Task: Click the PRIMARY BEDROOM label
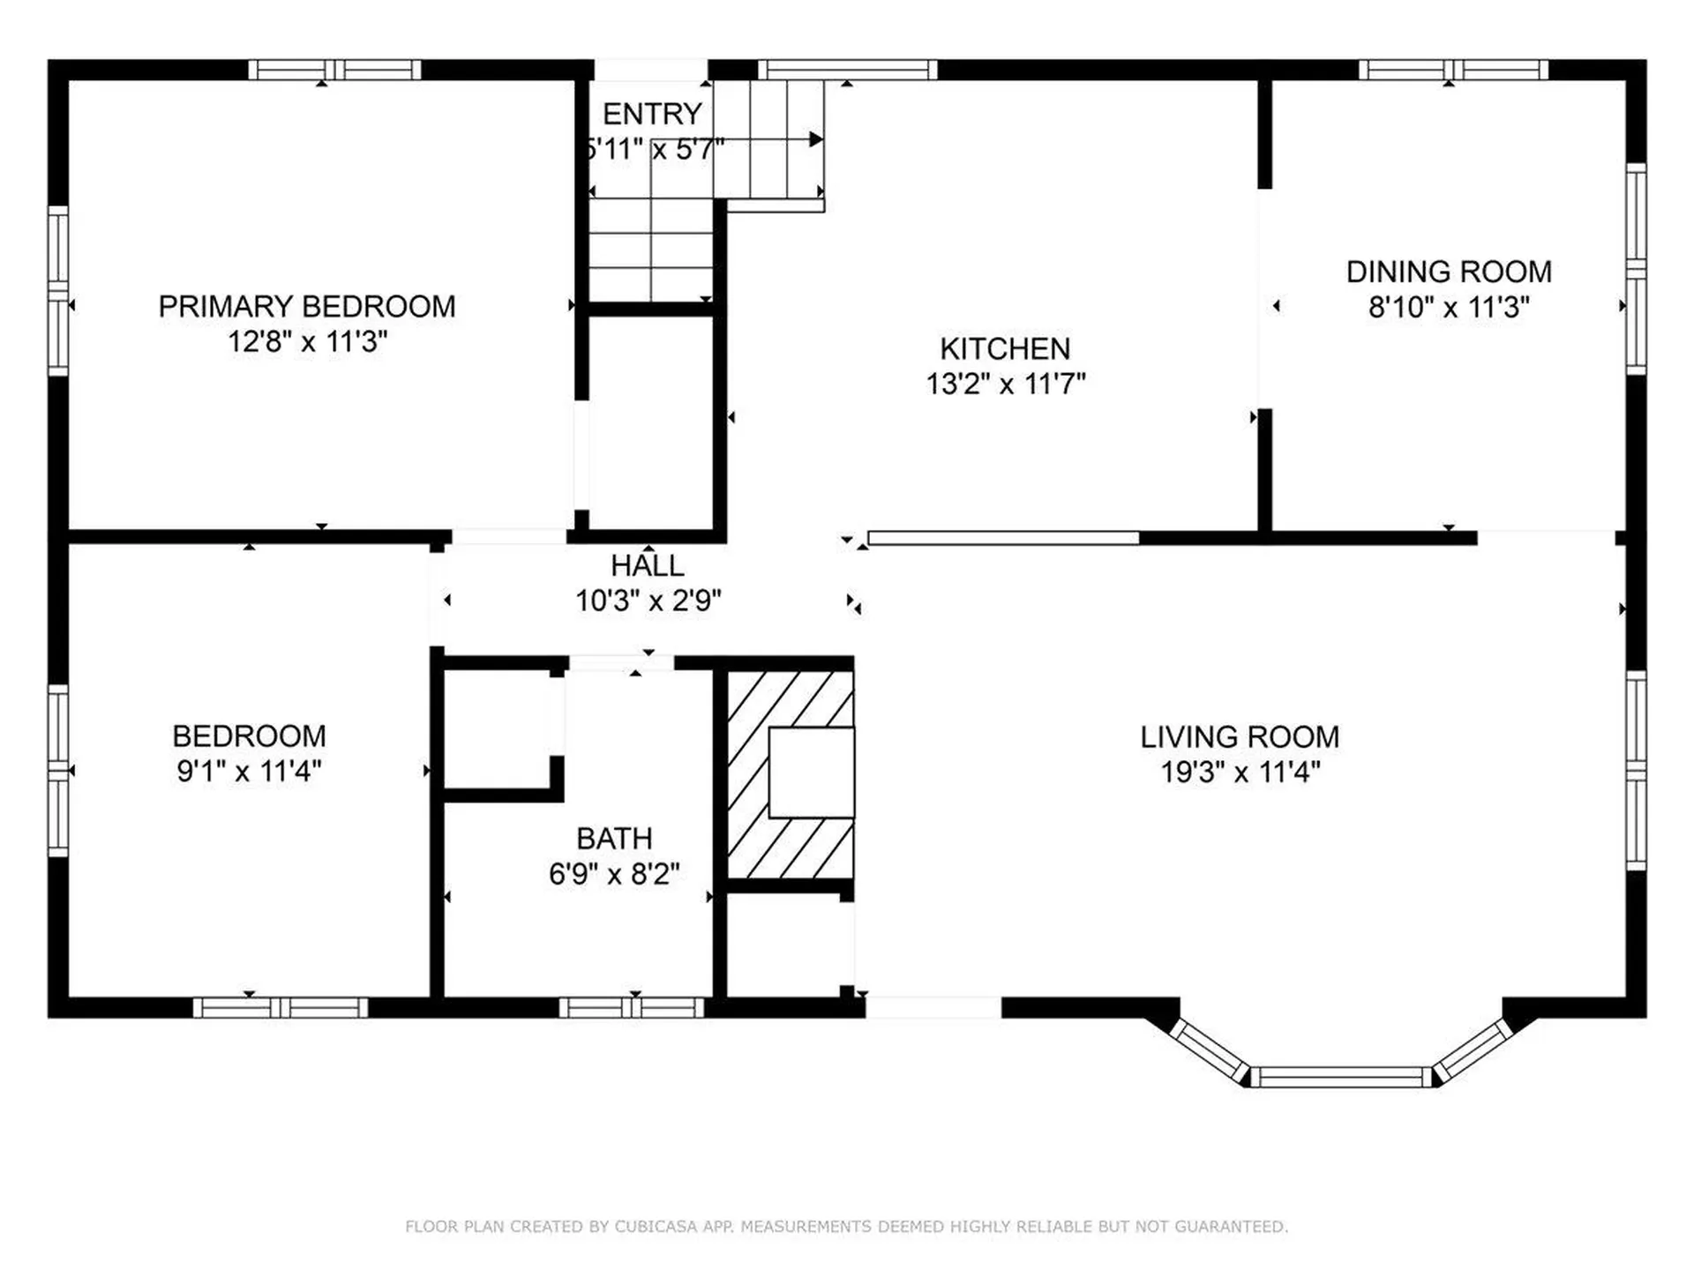pyautogui.click(x=307, y=306)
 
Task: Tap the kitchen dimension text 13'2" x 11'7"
pyautogui.click(x=1005, y=385)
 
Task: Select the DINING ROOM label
pyautogui.click(x=1449, y=272)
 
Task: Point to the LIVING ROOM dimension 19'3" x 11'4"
pyautogui.click(x=1240, y=773)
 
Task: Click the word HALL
pyautogui.click(x=648, y=565)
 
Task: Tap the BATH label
pyautogui.click(x=614, y=838)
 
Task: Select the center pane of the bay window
pyautogui.click(x=1340, y=1077)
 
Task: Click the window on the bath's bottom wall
pyautogui.click(x=632, y=1007)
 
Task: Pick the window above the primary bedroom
pyautogui.click(x=334, y=70)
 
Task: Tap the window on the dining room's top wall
pyautogui.click(x=1453, y=70)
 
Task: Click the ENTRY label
pyautogui.click(x=652, y=114)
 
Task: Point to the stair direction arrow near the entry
pyautogui.click(x=815, y=139)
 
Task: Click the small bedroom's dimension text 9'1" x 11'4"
pyautogui.click(x=249, y=772)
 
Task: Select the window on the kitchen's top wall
pyautogui.click(x=847, y=70)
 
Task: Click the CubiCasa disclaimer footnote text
pyautogui.click(x=846, y=1226)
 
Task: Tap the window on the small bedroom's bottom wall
pyautogui.click(x=281, y=1007)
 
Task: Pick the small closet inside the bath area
pyautogui.click(x=499, y=728)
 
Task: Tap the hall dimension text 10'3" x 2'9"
pyautogui.click(x=648, y=601)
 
